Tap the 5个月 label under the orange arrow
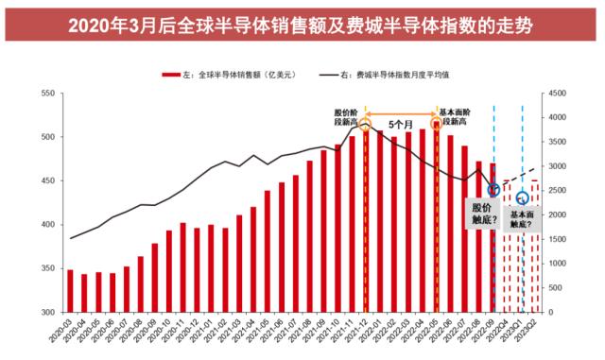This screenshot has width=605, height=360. tap(402, 124)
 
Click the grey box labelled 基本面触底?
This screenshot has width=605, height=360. tap(521, 220)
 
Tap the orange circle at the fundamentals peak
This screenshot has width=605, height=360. tap(437, 123)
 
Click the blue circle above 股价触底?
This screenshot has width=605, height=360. tap(493, 190)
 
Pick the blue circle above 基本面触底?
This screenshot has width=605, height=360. tap(522, 198)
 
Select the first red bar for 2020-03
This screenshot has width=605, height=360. tap(70, 291)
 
